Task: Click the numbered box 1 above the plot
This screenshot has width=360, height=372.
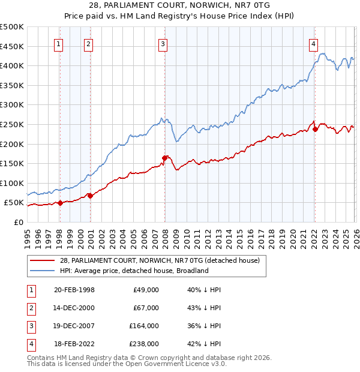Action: pyautogui.click(x=59, y=43)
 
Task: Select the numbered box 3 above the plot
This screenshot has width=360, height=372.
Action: pyautogui.click(x=163, y=43)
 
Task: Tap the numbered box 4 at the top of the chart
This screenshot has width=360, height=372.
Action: pyautogui.click(x=313, y=43)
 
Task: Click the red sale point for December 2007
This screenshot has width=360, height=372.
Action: pyautogui.click(x=164, y=158)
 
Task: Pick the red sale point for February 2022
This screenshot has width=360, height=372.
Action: pyautogui.click(x=315, y=129)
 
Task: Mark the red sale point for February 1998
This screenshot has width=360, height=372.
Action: pyautogui.click(x=60, y=203)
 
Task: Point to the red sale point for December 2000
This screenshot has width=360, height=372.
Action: pyautogui.click(x=90, y=196)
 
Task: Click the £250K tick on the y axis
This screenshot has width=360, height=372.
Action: pyautogui.click(x=12, y=124)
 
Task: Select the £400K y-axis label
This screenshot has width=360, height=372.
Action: pyautogui.click(x=12, y=65)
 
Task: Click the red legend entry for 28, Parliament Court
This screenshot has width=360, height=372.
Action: pyautogui.click(x=159, y=260)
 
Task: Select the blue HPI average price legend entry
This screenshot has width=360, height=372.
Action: pyautogui.click(x=133, y=271)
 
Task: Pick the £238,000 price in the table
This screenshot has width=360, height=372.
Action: pyautogui.click(x=144, y=344)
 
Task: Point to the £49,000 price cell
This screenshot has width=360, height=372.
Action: pyautogui.click(x=146, y=290)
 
